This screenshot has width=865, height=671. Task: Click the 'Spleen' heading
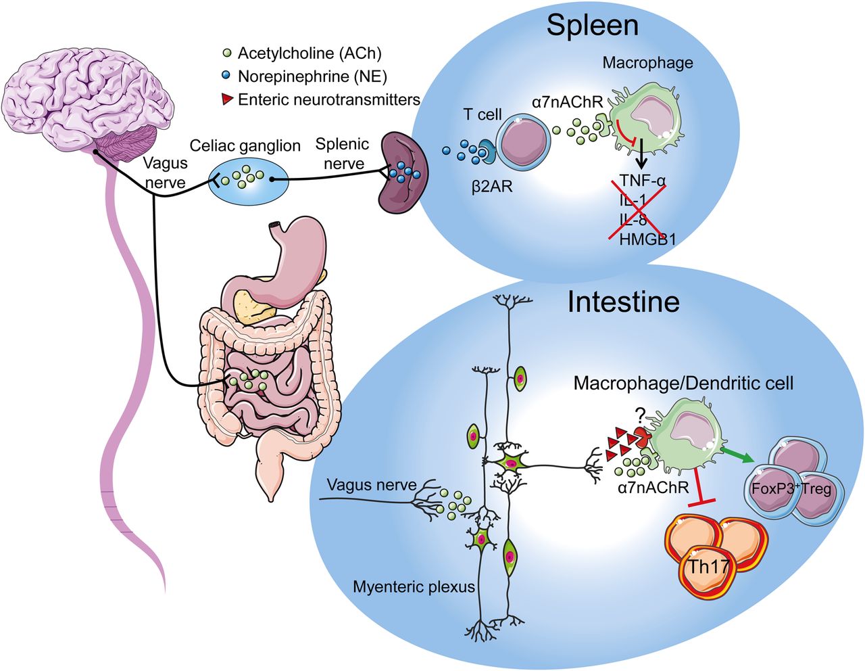click(x=592, y=25)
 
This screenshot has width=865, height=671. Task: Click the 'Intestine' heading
click(x=623, y=302)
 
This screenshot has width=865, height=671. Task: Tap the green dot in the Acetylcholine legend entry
click(x=228, y=53)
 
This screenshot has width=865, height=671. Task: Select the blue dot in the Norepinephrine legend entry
click(x=228, y=76)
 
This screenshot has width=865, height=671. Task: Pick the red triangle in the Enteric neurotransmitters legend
click(x=228, y=100)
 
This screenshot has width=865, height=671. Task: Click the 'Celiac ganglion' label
click(x=245, y=145)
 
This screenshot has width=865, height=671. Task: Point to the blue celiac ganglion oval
click(x=247, y=179)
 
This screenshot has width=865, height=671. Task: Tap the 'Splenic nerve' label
click(x=343, y=154)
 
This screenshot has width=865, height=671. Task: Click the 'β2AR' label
click(x=492, y=186)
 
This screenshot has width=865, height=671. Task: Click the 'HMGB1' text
click(x=647, y=239)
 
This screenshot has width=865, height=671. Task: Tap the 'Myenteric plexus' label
click(x=414, y=586)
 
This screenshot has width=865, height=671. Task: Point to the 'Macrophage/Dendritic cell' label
click(x=683, y=384)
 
